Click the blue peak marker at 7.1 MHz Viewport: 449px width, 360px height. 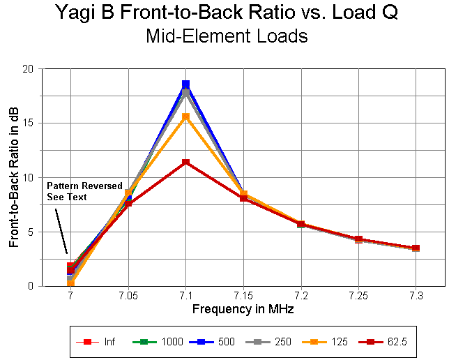(x=185, y=84)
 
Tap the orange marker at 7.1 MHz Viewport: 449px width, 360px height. (x=185, y=117)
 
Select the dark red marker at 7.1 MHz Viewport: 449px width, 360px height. (x=185, y=163)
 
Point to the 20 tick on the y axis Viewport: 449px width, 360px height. (x=27, y=69)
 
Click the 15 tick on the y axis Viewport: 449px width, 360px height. (x=27, y=123)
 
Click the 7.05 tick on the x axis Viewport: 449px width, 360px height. (x=128, y=297)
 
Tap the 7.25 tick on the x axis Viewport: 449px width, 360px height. (x=358, y=297)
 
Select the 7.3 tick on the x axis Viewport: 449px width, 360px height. (x=416, y=297)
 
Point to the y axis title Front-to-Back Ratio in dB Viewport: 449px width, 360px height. (x=13, y=177)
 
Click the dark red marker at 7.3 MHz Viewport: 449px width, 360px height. (x=416, y=248)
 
